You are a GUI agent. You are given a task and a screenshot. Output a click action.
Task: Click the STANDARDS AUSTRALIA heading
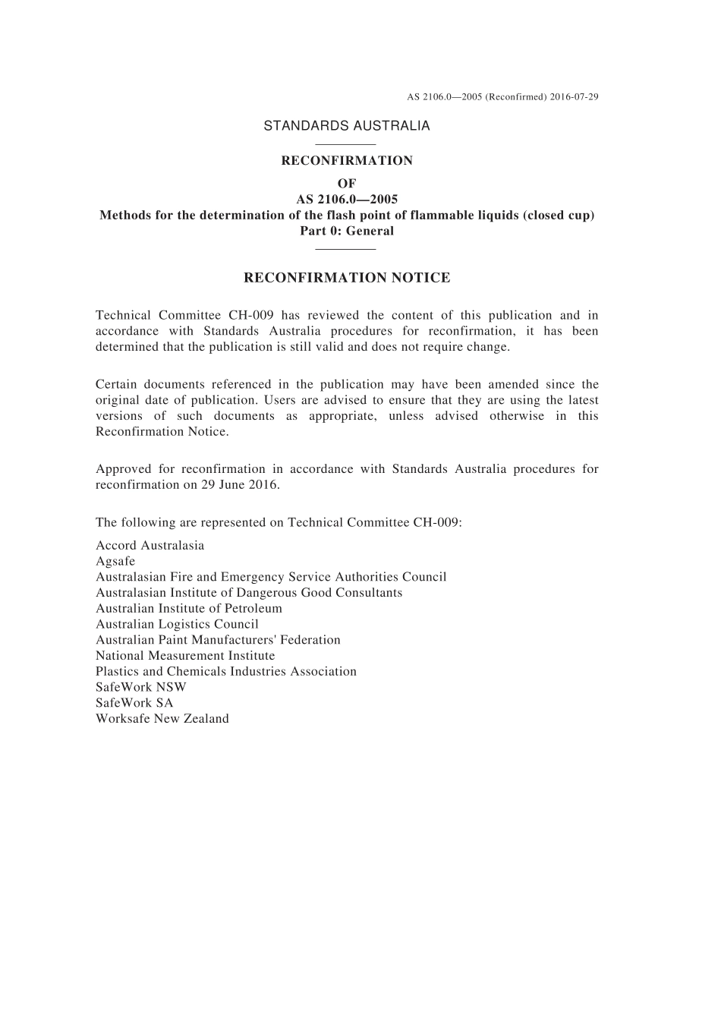pyautogui.click(x=346, y=126)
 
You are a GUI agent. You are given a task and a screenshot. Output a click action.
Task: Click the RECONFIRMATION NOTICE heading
pyautogui.click(x=347, y=278)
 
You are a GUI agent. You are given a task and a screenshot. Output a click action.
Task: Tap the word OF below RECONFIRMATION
pyautogui.click(x=347, y=184)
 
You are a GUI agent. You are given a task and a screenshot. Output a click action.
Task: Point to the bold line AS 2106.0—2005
pyautogui.click(x=347, y=200)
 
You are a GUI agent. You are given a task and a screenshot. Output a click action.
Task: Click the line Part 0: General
pyautogui.click(x=347, y=231)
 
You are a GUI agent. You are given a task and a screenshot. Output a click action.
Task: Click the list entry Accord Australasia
pyautogui.click(x=150, y=545)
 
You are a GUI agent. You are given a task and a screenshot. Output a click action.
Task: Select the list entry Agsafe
pyautogui.click(x=115, y=561)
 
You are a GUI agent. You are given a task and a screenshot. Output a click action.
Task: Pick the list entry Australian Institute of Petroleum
pyautogui.click(x=188, y=608)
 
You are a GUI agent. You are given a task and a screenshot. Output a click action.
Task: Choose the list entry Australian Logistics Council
pyautogui.click(x=177, y=624)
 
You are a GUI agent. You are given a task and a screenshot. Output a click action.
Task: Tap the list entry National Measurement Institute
pyautogui.click(x=185, y=655)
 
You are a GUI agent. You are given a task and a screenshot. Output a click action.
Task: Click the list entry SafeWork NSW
pyautogui.click(x=140, y=687)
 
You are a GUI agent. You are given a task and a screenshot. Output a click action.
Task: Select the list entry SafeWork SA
pyautogui.click(x=134, y=703)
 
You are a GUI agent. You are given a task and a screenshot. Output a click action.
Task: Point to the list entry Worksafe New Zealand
pyautogui.click(x=162, y=719)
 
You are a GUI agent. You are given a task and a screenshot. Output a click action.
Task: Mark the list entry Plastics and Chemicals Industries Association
pyautogui.click(x=225, y=671)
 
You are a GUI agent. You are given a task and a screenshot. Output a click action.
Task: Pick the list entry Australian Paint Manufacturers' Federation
pyautogui.click(x=218, y=640)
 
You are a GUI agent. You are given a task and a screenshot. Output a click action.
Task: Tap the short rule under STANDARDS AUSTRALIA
pyautogui.click(x=345, y=143)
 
